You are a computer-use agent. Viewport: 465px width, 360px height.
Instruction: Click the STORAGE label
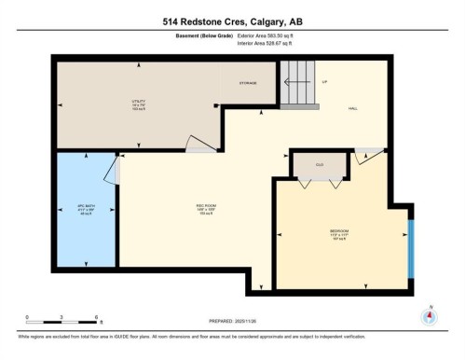(x=249, y=82)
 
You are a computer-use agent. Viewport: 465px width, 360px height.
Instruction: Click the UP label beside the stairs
(x=324, y=82)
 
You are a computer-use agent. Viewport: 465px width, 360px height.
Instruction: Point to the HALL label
(x=353, y=109)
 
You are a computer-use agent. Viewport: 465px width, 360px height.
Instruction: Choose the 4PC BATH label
(x=85, y=207)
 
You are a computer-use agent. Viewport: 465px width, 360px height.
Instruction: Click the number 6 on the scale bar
(x=96, y=318)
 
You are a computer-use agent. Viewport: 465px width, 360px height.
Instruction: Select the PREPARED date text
(x=233, y=324)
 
